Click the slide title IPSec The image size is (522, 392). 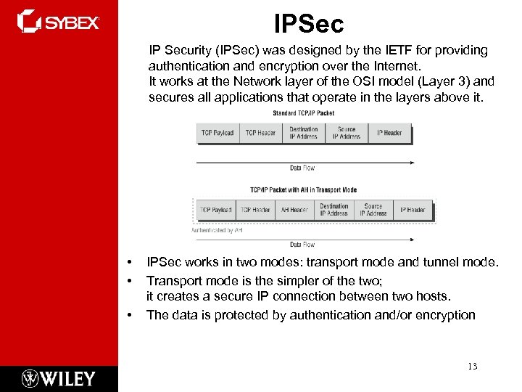click(x=309, y=24)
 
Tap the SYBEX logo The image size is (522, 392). click(x=58, y=22)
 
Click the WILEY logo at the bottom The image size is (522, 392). click(x=58, y=378)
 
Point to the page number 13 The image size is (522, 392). click(x=472, y=366)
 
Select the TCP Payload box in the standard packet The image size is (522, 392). click(x=217, y=133)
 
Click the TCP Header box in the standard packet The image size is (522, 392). click(x=260, y=133)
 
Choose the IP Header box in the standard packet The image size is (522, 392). click(x=389, y=133)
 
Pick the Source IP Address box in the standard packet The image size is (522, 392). click(x=347, y=133)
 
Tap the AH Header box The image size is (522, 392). click(x=294, y=210)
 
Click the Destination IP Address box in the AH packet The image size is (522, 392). click(x=334, y=210)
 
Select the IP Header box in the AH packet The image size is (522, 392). click(x=411, y=210)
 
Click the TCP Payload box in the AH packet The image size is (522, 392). click(x=216, y=210)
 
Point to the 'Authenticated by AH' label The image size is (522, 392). click(x=216, y=230)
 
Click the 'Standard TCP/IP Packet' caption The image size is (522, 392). click(x=303, y=113)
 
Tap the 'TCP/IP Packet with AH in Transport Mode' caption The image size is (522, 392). click(x=303, y=190)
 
